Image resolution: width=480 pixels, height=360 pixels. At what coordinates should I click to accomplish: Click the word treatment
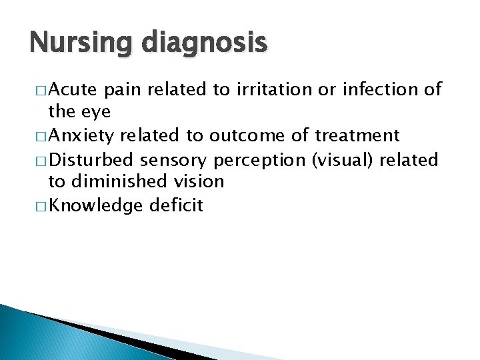pyautogui.click(x=357, y=136)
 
